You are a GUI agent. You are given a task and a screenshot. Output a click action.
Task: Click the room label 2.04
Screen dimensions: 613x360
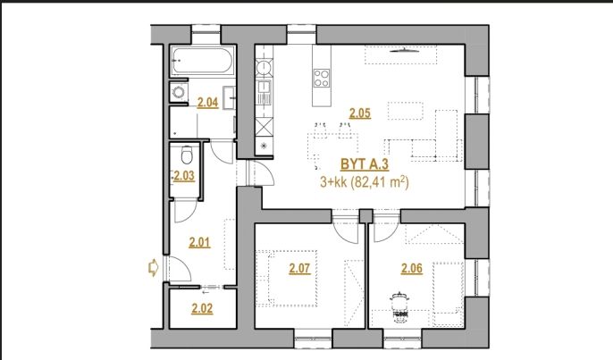(x=207, y=103)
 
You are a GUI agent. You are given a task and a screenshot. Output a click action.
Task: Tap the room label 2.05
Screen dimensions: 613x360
(x=359, y=113)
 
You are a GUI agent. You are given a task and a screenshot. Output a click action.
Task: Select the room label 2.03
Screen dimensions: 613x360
(x=184, y=176)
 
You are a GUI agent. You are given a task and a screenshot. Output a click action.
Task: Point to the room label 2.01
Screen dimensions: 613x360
(x=199, y=243)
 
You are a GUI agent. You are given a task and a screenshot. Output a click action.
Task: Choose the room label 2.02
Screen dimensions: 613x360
(x=202, y=309)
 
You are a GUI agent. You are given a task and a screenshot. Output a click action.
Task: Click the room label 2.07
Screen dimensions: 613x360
(x=299, y=269)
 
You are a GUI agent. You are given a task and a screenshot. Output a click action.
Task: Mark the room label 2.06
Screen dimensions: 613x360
(x=412, y=269)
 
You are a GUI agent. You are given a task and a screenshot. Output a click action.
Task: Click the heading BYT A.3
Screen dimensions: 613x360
(x=365, y=164)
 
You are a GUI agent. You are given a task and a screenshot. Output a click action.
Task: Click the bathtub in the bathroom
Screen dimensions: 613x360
(x=202, y=61)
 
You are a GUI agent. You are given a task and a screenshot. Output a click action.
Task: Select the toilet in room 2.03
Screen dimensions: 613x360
(x=187, y=155)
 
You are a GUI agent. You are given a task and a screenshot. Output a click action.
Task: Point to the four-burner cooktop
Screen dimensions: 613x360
(x=322, y=78)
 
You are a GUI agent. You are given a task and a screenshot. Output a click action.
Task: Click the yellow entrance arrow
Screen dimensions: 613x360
(x=153, y=268)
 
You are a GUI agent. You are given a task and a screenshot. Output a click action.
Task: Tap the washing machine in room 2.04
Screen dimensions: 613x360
(x=179, y=92)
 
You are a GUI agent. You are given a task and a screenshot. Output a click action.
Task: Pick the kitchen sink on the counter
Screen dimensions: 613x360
(x=265, y=93)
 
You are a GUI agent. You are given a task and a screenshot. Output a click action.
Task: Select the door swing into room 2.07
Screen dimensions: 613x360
(x=346, y=230)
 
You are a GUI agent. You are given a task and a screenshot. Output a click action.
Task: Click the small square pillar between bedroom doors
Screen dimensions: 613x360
(x=366, y=216)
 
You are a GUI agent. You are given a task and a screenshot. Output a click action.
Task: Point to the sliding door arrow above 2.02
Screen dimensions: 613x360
(x=206, y=291)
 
